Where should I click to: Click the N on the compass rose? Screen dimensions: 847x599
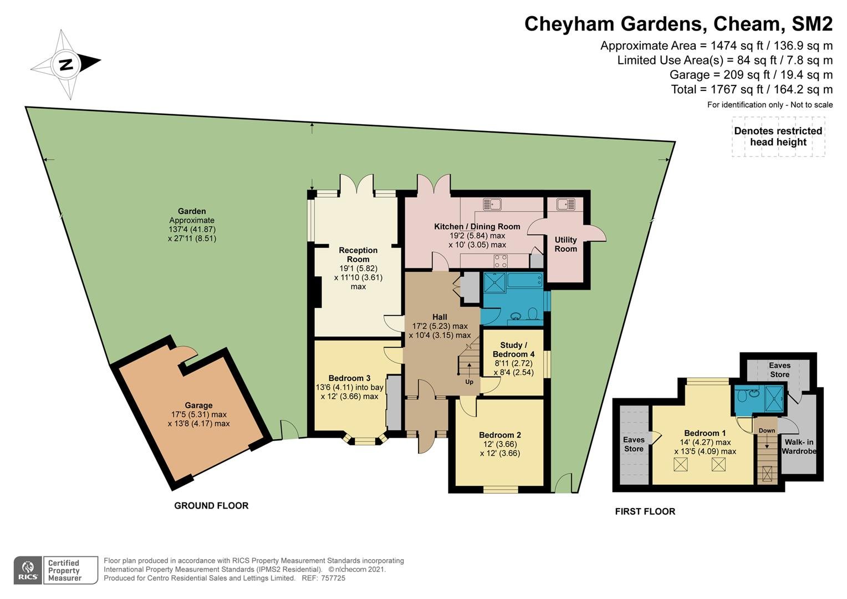point(67,65)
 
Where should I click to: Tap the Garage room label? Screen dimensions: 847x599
point(198,405)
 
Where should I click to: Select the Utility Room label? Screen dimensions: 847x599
point(565,244)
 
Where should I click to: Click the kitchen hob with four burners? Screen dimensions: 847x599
point(501,261)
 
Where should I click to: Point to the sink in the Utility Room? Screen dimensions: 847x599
point(565,204)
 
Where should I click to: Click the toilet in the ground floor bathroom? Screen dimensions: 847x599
point(533,314)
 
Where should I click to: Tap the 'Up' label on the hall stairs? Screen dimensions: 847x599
point(469,382)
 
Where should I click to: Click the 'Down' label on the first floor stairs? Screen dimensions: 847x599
point(767,430)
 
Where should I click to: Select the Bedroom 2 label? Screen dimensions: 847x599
point(499,435)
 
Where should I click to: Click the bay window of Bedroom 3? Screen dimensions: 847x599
point(365,439)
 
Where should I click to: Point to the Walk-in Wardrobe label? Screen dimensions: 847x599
point(799,446)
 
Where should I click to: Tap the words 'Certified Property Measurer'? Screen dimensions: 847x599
point(64,571)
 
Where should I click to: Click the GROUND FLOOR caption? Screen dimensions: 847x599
point(211,505)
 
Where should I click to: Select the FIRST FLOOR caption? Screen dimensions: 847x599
point(645,511)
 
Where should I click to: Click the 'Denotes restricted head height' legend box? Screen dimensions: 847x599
point(778,136)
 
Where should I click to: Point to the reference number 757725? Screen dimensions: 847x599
point(333,578)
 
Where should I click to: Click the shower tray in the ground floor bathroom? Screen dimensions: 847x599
point(495,283)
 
